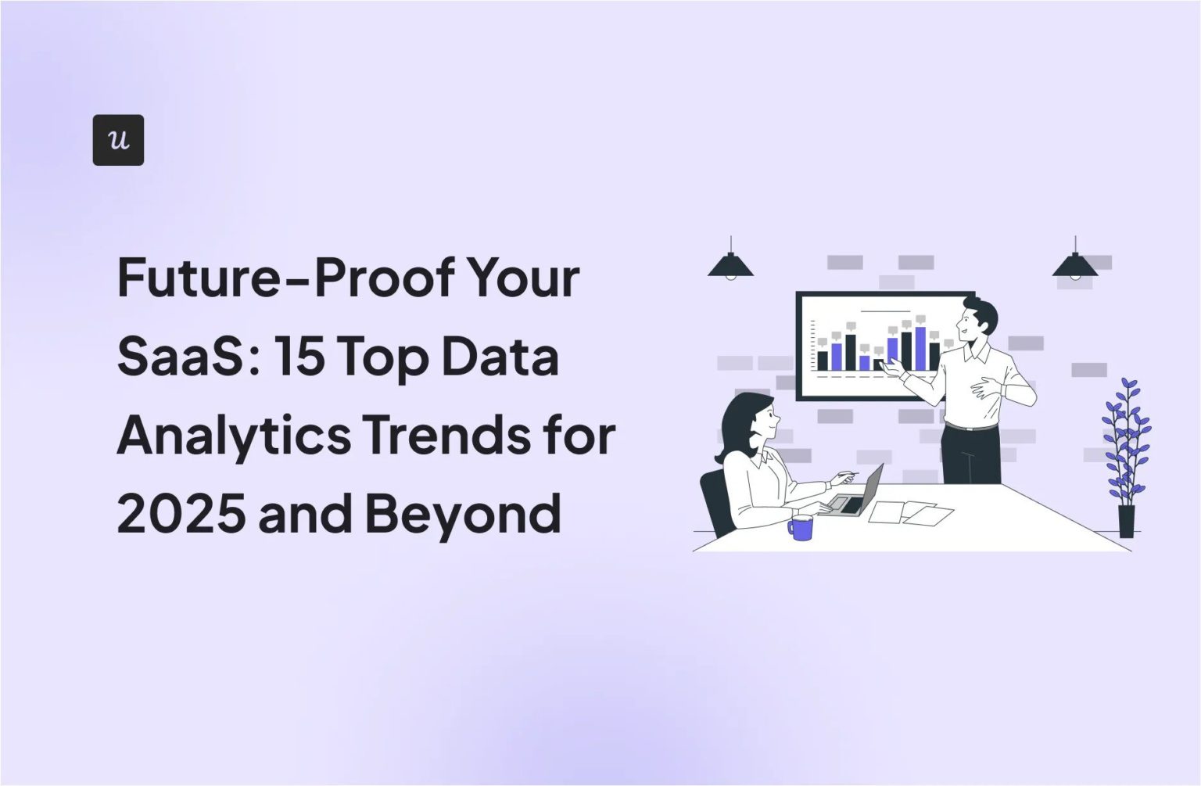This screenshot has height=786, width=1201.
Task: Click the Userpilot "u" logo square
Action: [x=118, y=140]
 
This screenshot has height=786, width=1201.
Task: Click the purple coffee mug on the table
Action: [x=801, y=527]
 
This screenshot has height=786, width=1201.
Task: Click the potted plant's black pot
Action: [x=1126, y=521]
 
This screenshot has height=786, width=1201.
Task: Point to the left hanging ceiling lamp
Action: [x=730, y=266]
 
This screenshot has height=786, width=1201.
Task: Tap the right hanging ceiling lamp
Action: [x=1075, y=266]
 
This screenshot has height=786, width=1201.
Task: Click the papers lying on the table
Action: [x=911, y=512]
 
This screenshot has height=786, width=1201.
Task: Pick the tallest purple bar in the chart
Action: [x=920, y=348]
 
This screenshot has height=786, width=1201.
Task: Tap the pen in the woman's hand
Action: [x=846, y=474]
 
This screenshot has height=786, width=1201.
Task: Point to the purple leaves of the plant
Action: [x=1126, y=438]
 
